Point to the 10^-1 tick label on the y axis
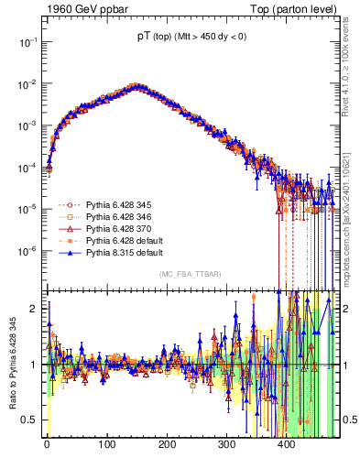[x=27, y=42]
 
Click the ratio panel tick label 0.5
[x=31, y=420]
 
